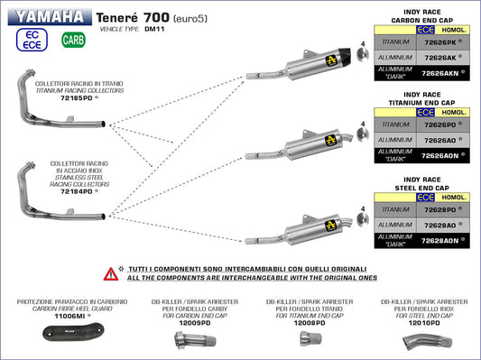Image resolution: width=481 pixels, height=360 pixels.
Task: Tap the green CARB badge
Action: [x=70, y=40]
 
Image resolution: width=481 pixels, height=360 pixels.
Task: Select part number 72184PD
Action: [x=79, y=191]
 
